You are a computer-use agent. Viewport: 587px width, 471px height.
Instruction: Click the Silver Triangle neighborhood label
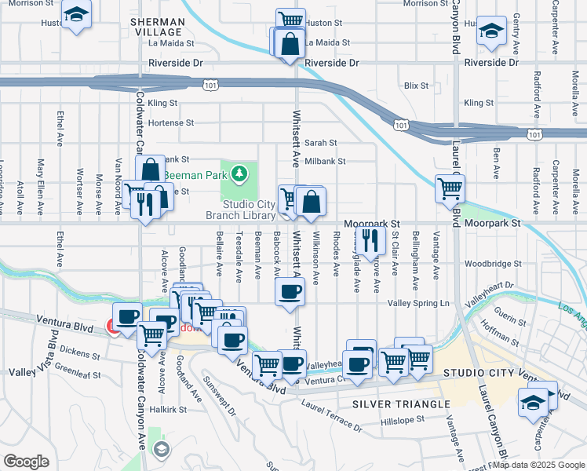tap(389, 403)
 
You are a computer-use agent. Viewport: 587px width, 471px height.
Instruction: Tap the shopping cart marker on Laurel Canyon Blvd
tap(450, 188)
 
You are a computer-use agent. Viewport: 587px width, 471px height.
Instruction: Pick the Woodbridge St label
tap(493, 265)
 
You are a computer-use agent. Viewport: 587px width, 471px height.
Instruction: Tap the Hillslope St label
tap(402, 419)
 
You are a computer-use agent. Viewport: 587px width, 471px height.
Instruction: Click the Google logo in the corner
tap(26, 462)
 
